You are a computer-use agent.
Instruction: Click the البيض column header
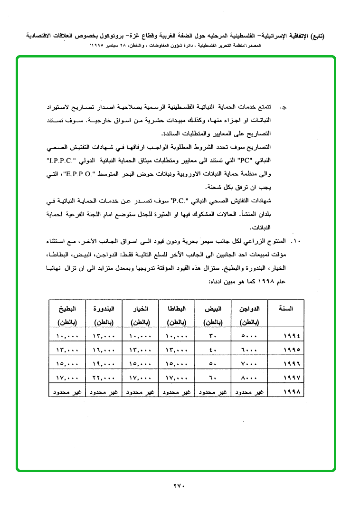(212, 308)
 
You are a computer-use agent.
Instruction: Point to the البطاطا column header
(176, 308)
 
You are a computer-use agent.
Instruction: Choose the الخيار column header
(140, 308)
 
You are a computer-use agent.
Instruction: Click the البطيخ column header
(67, 308)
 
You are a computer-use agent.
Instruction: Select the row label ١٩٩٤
(291, 336)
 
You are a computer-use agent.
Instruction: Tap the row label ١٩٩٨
(291, 392)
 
